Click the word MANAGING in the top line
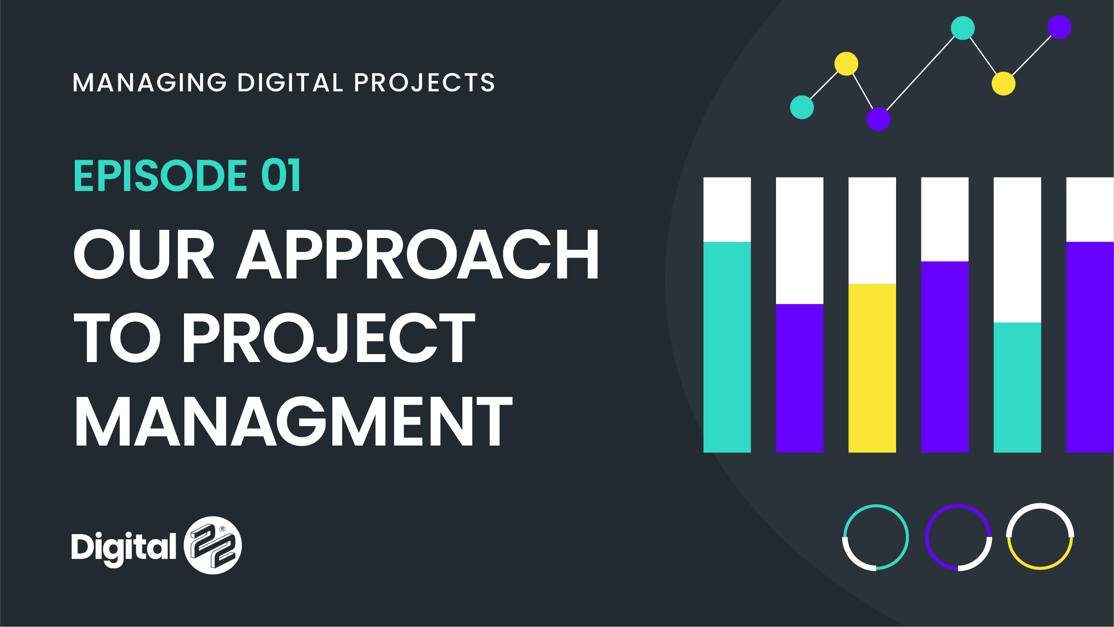(x=150, y=83)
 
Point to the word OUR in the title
(x=144, y=254)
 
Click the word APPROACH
(x=418, y=254)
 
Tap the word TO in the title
(x=117, y=338)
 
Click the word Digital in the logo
(x=124, y=548)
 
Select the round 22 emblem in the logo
(x=213, y=545)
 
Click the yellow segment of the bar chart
(x=872, y=368)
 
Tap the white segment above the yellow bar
(x=872, y=231)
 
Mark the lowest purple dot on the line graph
(x=879, y=119)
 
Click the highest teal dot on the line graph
(x=963, y=28)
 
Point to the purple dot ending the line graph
(x=1060, y=27)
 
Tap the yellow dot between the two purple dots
(x=1004, y=84)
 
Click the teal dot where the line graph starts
(x=802, y=107)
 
